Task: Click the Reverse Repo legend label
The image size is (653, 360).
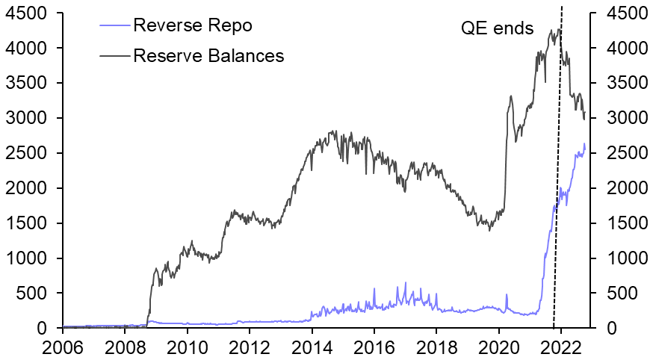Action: pos(192,25)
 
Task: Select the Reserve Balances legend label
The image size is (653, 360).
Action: pos(208,55)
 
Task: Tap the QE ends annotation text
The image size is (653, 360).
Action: pos(496,29)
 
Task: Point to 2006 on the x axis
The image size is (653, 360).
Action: pos(63,347)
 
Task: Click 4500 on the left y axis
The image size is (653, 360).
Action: pos(26,13)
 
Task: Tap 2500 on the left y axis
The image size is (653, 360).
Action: pos(26,153)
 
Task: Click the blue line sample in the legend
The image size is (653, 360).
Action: pos(114,25)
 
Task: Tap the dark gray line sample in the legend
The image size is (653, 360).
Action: pos(114,55)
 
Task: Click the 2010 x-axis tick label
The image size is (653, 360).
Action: pos(188,347)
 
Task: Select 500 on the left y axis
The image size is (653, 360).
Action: pos(32,294)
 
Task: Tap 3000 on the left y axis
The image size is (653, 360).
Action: pos(26,118)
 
